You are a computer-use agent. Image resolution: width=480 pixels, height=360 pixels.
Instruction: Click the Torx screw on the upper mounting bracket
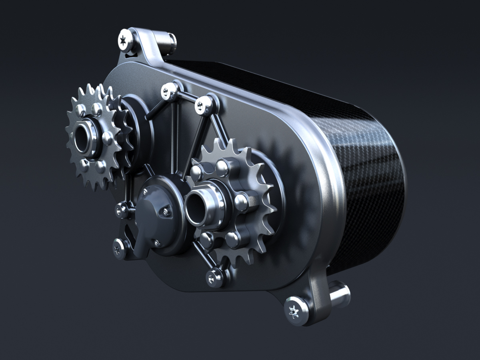tap(125, 39)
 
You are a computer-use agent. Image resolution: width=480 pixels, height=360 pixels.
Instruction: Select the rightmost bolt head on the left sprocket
tap(107, 138)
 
